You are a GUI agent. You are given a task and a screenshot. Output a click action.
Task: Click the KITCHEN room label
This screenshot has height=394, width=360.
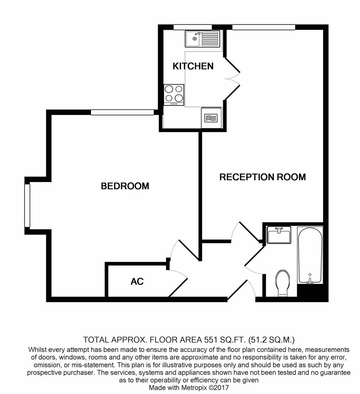click(x=193, y=66)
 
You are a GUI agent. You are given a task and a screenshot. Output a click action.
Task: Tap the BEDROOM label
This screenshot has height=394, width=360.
click(x=125, y=186)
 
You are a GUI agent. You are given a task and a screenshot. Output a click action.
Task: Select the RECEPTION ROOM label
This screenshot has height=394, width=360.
click(x=262, y=177)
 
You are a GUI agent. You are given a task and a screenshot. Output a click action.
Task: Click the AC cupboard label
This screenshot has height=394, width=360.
click(x=137, y=281)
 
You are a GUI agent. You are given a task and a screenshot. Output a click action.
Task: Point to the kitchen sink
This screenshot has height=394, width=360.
click(x=202, y=39)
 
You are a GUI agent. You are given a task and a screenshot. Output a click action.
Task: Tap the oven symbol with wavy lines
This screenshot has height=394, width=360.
click(x=211, y=118)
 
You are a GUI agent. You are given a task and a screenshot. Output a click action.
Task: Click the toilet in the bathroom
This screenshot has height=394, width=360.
click(x=282, y=282)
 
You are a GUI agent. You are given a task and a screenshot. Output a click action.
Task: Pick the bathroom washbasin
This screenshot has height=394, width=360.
click(x=279, y=235)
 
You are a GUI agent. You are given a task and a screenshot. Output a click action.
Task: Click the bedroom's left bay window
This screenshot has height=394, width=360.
click(x=27, y=205)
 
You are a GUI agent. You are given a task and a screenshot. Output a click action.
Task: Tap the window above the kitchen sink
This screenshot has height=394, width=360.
click(x=193, y=27)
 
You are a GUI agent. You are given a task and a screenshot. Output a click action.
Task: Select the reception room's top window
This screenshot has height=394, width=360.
click(x=263, y=27)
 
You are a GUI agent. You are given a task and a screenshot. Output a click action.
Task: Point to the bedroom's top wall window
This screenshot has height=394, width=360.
click(x=122, y=112)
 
